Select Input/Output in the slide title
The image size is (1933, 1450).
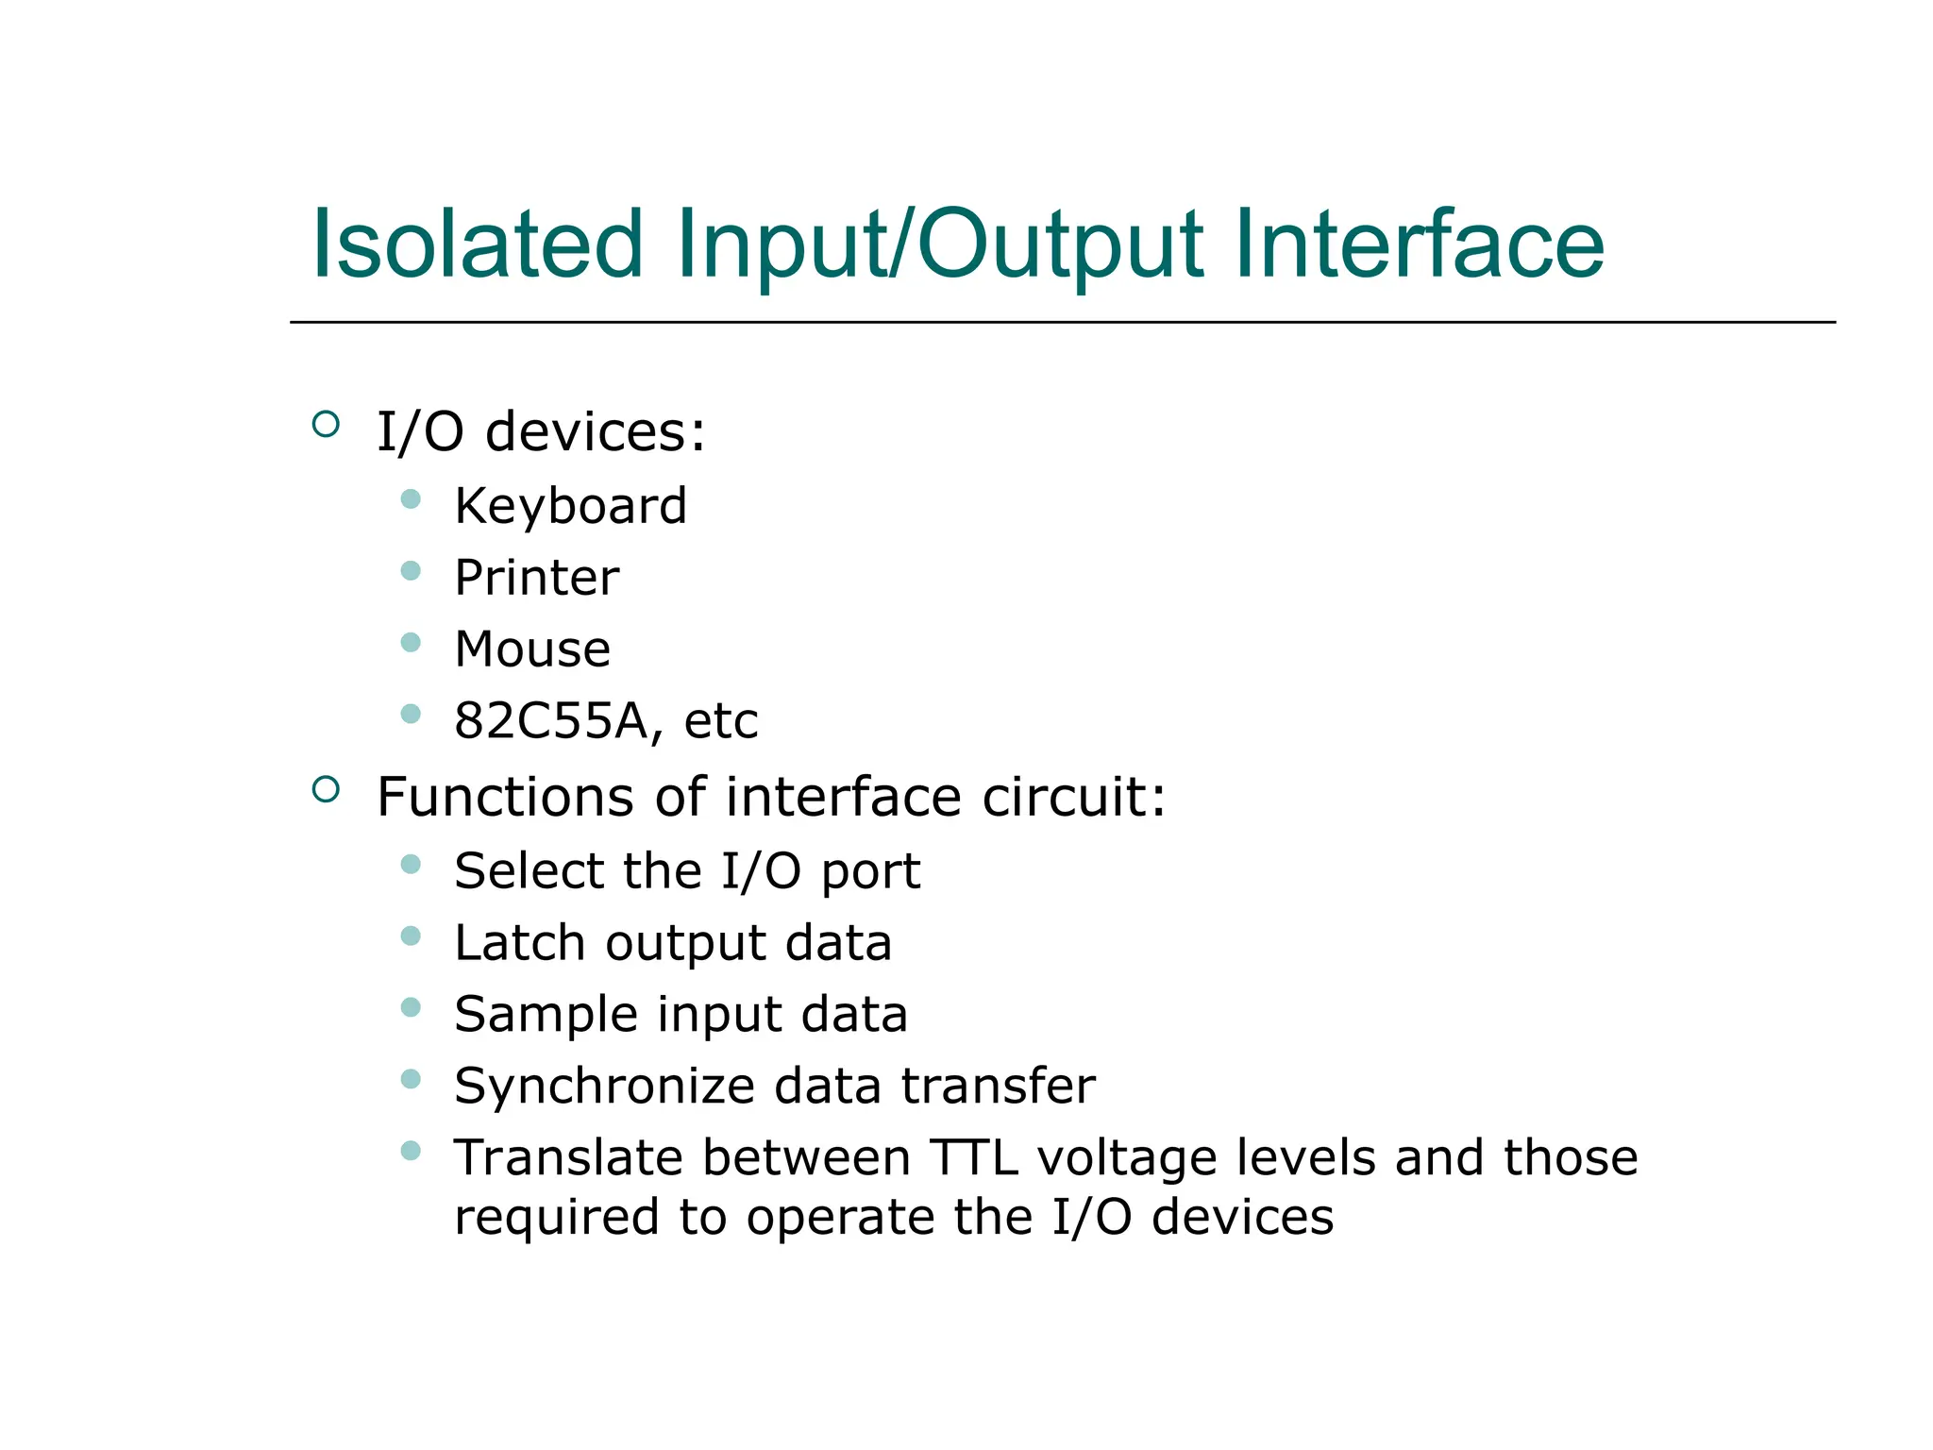tap(940, 245)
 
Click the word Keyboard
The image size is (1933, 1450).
tap(570, 506)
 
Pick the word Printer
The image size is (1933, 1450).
tap(536, 578)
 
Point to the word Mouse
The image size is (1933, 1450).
tap(532, 649)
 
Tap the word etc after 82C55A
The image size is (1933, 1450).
tap(720, 721)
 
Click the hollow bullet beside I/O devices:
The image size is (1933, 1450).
tap(326, 424)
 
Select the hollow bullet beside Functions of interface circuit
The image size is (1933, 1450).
tap(326, 789)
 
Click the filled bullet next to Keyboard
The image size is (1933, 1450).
tap(411, 498)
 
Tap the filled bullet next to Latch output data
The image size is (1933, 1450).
tap(411, 936)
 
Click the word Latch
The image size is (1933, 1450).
tap(520, 943)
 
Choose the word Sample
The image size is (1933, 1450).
tap(546, 1015)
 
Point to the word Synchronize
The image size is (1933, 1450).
tap(605, 1087)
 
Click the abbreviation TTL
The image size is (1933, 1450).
tap(974, 1158)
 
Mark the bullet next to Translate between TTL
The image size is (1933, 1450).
tap(411, 1150)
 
